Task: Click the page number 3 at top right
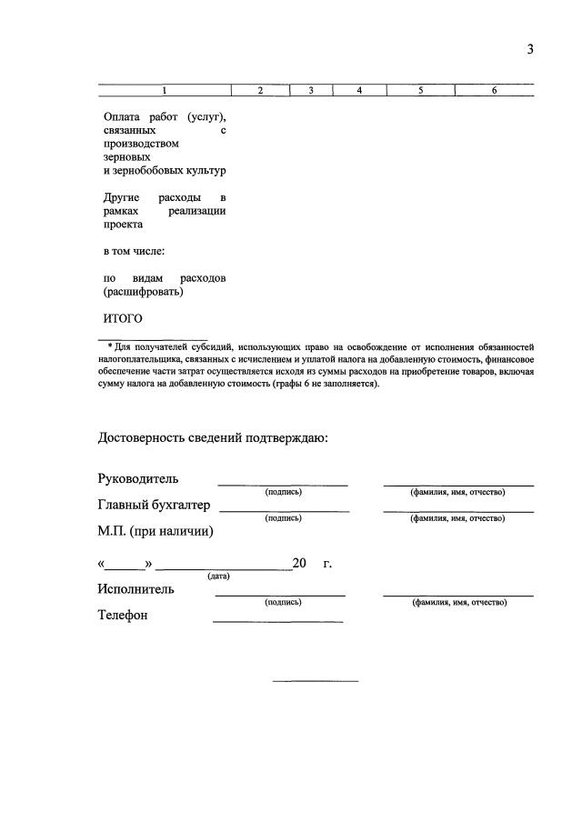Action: point(529,50)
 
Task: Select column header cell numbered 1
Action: point(165,90)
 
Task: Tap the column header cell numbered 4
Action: point(359,90)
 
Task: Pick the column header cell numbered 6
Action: point(494,90)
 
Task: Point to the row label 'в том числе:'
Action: point(134,250)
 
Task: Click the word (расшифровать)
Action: point(143,292)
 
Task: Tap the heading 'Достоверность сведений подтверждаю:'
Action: point(213,437)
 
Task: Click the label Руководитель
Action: point(138,479)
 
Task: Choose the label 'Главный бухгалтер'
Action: point(154,505)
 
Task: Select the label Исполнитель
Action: point(136,588)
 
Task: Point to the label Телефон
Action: point(123,615)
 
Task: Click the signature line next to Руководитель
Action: point(283,486)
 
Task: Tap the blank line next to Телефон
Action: point(277,621)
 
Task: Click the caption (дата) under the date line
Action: point(218,576)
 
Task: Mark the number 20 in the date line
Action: point(299,564)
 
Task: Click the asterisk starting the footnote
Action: point(110,346)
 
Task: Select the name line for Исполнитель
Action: point(458,596)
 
